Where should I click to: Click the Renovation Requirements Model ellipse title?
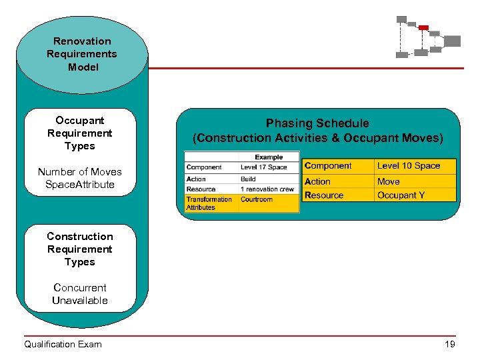(x=81, y=54)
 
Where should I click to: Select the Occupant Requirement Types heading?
(x=80, y=133)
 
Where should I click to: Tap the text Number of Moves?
(x=80, y=171)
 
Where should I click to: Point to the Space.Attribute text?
(x=80, y=184)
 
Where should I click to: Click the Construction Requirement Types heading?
(x=80, y=249)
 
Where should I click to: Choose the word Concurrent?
(x=80, y=287)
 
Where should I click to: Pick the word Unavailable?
(x=80, y=300)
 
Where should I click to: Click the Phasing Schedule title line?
(x=317, y=123)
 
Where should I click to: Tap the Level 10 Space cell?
(x=409, y=165)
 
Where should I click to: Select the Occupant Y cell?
(x=401, y=195)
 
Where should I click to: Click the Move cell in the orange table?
(x=389, y=181)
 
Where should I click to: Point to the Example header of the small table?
(x=269, y=157)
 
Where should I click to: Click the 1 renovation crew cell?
(x=267, y=189)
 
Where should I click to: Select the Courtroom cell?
(x=257, y=199)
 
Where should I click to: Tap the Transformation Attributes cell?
(x=209, y=203)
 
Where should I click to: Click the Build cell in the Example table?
(x=248, y=179)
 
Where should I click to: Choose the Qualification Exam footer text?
(x=63, y=344)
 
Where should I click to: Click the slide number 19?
(x=450, y=344)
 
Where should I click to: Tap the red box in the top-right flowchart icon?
(x=423, y=27)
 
